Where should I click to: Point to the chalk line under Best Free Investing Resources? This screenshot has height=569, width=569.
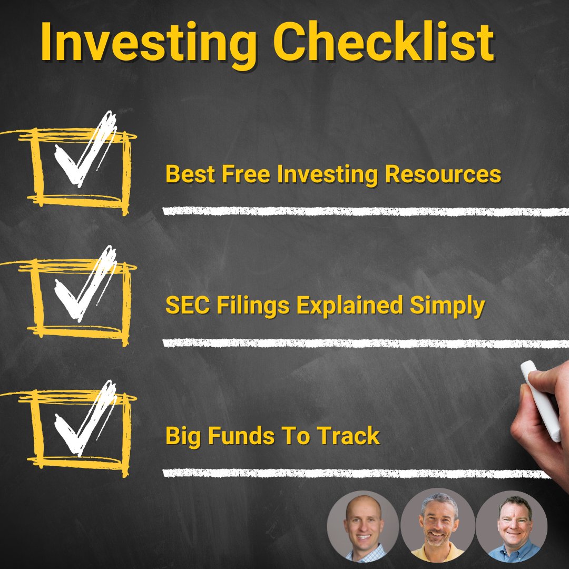click(364, 211)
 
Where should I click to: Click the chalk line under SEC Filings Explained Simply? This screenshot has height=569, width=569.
click(364, 343)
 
